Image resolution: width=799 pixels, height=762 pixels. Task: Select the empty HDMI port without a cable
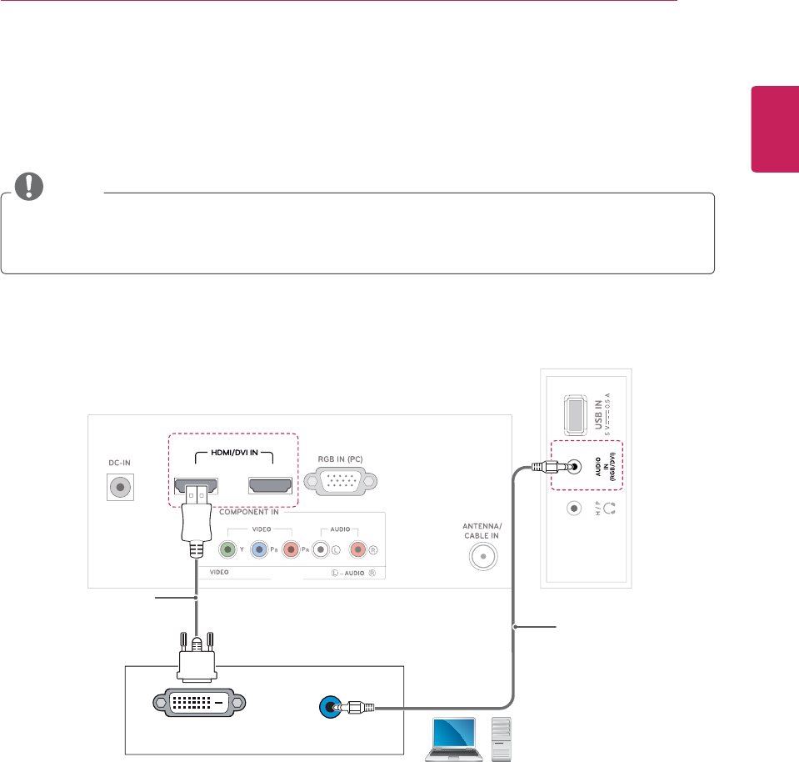point(268,485)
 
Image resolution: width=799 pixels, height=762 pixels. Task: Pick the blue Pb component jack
point(259,549)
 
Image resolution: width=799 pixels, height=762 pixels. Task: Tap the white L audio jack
point(318,549)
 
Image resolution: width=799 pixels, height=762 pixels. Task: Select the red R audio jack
point(358,549)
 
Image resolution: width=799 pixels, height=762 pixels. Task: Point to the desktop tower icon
point(502,738)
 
